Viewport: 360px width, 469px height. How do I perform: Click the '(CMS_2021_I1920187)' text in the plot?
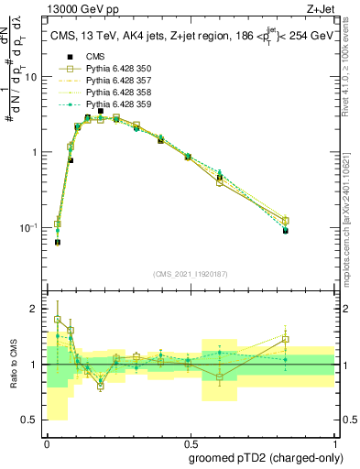pyautogui.click(x=190, y=274)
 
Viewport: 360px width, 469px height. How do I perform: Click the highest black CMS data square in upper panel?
pyautogui.click(x=101, y=111)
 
